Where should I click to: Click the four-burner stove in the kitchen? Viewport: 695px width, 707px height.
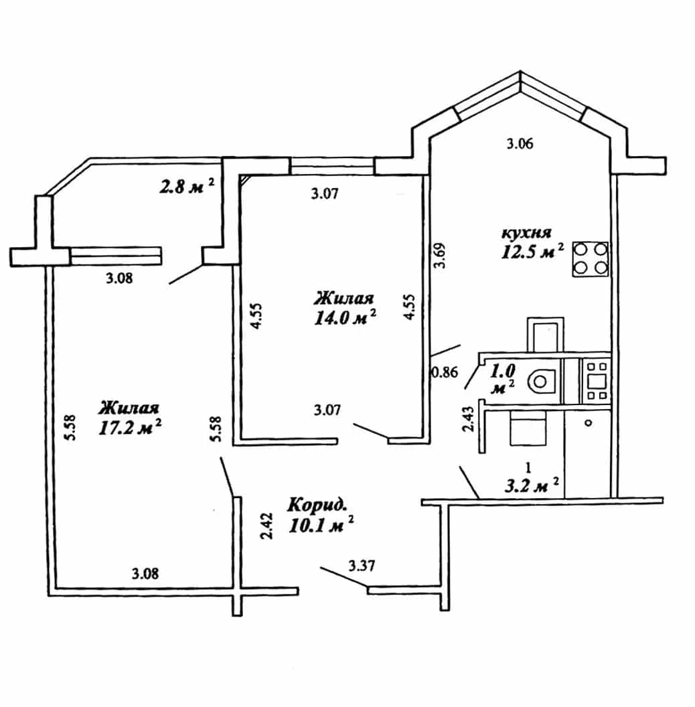(591, 259)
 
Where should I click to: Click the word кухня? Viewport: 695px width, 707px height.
(526, 233)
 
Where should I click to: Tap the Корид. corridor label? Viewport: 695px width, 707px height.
(317, 505)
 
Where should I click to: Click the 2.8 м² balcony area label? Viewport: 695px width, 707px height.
(187, 185)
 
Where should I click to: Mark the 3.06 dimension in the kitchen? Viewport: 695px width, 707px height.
(520, 144)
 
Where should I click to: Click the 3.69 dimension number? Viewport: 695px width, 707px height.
(440, 256)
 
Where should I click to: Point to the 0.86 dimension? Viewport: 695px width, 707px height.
(445, 372)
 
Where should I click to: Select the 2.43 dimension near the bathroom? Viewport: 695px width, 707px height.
(469, 419)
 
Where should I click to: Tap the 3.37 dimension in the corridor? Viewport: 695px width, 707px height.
(362, 565)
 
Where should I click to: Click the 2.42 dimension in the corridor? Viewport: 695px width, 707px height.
(267, 526)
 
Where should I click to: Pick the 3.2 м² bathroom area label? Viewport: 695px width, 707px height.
(532, 486)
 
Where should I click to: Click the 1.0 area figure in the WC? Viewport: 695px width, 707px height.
(502, 372)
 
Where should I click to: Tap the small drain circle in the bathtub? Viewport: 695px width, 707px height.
(588, 423)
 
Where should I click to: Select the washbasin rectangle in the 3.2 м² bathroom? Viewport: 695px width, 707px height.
(528, 430)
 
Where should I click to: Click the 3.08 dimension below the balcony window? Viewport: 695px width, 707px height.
(120, 279)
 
